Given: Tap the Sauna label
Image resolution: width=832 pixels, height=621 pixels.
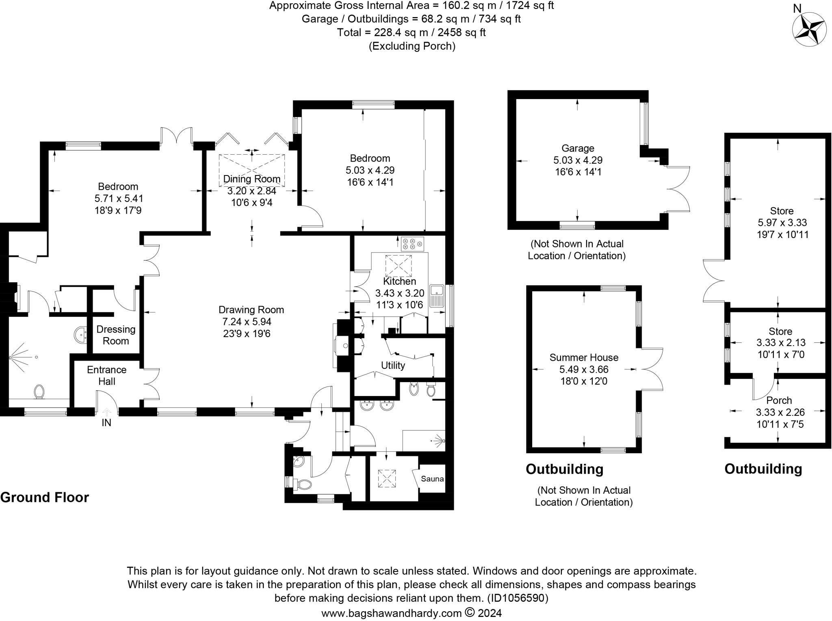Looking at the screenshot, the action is coord(432,478).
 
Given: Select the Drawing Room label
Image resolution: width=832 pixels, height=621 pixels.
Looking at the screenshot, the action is coord(251,310).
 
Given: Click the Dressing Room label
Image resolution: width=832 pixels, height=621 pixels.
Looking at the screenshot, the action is coord(116,335).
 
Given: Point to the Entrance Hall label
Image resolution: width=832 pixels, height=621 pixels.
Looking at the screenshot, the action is coord(107,375).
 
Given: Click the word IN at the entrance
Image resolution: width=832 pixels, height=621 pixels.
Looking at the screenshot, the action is coord(106,423).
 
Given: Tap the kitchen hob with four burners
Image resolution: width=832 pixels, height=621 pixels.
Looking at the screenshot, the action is coord(412,244).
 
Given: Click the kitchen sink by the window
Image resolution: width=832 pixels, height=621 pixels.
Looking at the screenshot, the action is coord(437,295).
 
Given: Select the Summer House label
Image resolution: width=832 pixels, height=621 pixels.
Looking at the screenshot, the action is coord(584,357).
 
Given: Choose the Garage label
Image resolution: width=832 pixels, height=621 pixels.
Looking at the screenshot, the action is coord(578,148).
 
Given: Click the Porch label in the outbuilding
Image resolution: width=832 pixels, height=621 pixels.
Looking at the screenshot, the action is coord(779,400).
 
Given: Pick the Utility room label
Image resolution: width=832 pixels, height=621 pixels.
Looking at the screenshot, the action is coord(393,366).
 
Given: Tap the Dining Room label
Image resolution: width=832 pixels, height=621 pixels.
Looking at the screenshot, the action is coord(252,179).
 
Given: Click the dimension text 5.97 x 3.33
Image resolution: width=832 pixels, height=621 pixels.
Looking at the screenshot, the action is coord(782,223).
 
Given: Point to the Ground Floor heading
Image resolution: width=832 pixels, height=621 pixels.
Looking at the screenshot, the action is coord(45,498).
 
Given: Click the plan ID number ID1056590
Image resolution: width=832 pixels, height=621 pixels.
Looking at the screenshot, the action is coord(518,598).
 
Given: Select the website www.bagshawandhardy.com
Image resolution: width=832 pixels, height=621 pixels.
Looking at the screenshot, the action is coord(391,613).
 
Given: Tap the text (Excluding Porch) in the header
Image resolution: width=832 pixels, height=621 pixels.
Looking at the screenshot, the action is coord(412,46).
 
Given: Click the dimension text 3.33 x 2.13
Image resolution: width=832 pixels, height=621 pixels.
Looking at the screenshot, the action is coord(780,343).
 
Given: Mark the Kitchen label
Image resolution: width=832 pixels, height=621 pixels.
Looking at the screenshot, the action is coord(400,281).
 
